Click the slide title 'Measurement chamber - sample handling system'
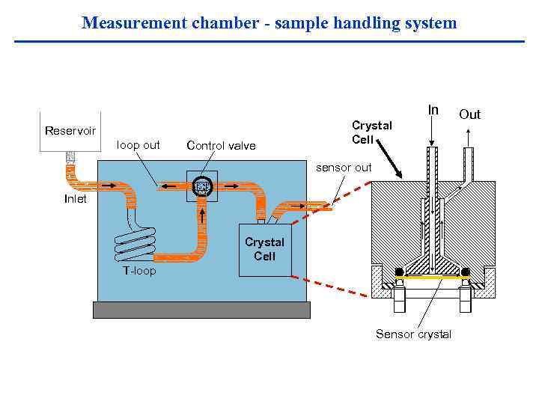point(269,22)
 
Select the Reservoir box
point(70,132)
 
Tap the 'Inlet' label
point(75,199)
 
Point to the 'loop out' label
point(138,145)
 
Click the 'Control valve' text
point(221,146)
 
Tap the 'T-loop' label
point(139,271)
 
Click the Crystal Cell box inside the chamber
point(264,250)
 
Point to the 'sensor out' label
point(344,168)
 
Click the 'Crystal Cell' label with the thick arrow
point(371,132)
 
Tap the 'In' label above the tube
point(433,110)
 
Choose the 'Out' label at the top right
point(469,114)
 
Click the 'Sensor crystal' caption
point(413,334)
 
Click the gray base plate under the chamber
point(201,310)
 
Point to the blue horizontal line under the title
point(269,41)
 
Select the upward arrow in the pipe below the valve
point(202,218)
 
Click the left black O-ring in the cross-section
point(399,271)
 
